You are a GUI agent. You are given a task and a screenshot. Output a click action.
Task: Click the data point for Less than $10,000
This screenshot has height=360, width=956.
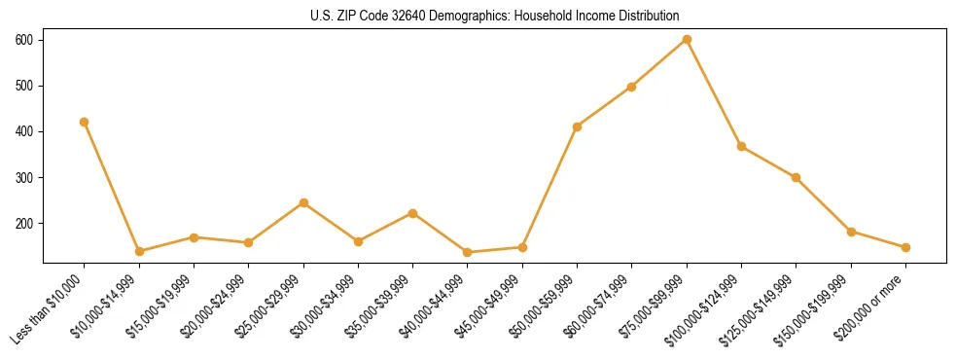84,122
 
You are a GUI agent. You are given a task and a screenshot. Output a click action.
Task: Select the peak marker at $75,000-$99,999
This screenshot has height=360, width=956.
687,39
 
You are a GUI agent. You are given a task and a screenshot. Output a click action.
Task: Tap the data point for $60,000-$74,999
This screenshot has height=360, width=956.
632,87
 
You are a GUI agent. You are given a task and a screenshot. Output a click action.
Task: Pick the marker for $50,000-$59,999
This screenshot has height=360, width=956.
578,126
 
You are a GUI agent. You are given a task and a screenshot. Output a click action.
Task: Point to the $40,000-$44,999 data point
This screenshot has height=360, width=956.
468,252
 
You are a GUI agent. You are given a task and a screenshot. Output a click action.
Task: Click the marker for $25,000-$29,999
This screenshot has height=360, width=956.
303,202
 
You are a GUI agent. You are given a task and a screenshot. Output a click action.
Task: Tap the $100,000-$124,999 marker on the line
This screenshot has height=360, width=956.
741,146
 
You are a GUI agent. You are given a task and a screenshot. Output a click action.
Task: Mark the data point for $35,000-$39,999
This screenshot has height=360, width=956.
413,213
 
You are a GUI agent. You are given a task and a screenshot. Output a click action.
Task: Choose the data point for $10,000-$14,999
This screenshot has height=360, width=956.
139,251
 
